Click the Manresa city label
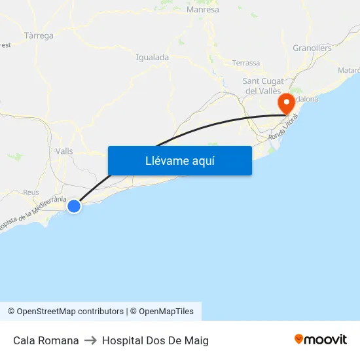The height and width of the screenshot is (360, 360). [x=203, y=10]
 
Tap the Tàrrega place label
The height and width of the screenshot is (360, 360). [x=39, y=35]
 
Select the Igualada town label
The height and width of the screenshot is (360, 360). [x=152, y=57]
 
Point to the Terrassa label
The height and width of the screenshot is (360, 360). [x=246, y=63]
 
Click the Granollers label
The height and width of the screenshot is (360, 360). [x=312, y=48]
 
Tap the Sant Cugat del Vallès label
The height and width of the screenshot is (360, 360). [x=262, y=86]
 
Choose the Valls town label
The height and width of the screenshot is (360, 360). [x=65, y=151]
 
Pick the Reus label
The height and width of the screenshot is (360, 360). [x=31, y=192]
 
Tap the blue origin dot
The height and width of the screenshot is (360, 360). [x=74, y=206]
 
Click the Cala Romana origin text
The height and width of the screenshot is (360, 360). [x=46, y=340]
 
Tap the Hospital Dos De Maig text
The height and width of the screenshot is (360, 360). [x=155, y=340]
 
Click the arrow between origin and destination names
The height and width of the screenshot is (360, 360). [x=90, y=340]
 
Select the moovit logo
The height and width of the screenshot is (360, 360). [x=321, y=339]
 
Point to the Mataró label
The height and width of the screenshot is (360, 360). [x=348, y=70]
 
